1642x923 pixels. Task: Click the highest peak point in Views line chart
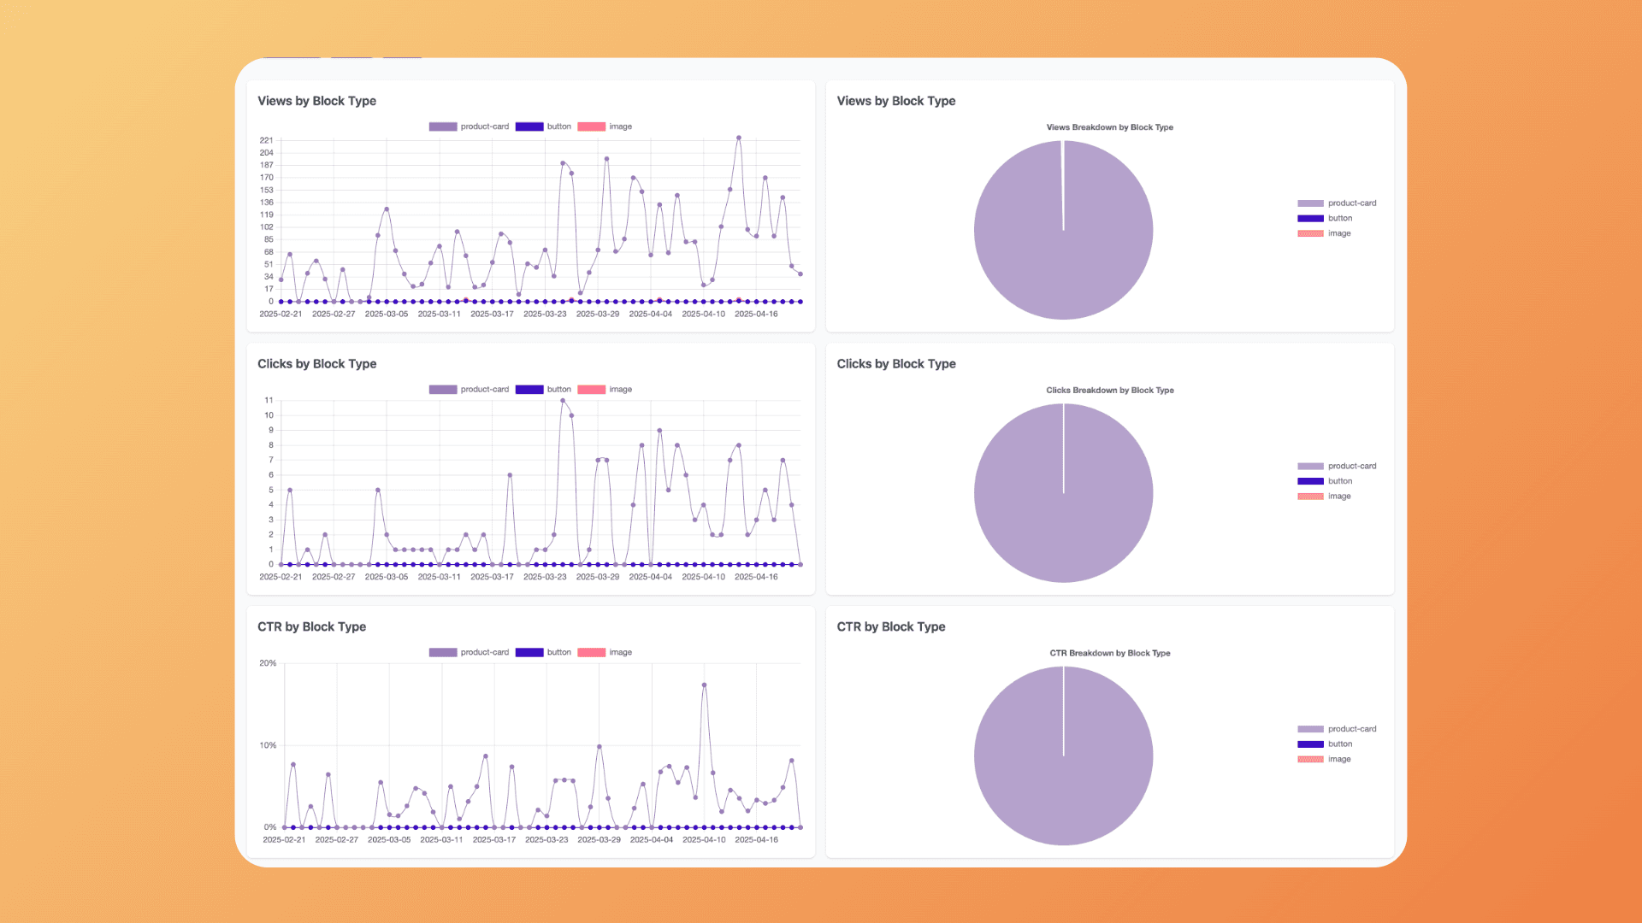(x=739, y=138)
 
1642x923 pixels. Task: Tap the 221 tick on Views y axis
(x=267, y=140)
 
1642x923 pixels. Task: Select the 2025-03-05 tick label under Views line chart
(x=387, y=315)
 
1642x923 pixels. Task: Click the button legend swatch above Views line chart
(x=529, y=126)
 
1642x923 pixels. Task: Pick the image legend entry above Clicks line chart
(x=605, y=390)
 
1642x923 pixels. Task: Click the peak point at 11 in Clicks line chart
(x=563, y=400)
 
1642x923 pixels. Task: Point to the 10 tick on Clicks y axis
(x=269, y=415)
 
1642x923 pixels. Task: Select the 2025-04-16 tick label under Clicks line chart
(x=756, y=577)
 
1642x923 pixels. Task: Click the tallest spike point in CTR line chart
(x=704, y=685)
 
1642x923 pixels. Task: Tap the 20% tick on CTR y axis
(x=268, y=663)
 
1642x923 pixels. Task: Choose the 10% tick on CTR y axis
(x=268, y=745)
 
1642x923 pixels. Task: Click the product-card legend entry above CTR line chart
(x=469, y=652)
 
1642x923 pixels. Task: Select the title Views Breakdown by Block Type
(x=1109, y=127)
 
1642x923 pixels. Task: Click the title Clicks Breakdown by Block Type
(x=1109, y=391)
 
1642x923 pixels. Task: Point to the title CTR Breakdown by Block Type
(x=1109, y=653)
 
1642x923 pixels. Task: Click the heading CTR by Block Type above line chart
(x=311, y=626)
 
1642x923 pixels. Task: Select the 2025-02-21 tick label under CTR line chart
(x=284, y=840)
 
